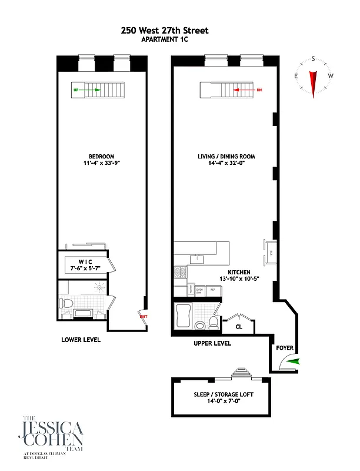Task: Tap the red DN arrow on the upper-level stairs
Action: pyautogui.click(x=241, y=91)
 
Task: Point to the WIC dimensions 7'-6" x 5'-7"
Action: pyautogui.click(x=86, y=268)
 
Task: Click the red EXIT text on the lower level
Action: pyautogui.click(x=142, y=316)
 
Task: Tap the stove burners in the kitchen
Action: pyautogui.click(x=180, y=273)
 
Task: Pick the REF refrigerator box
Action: pyautogui.click(x=213, y=290)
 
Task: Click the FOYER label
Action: pyautogui.click(x=285, y=348)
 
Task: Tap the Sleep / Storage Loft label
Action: pyautogui.click(x=224, y=394)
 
